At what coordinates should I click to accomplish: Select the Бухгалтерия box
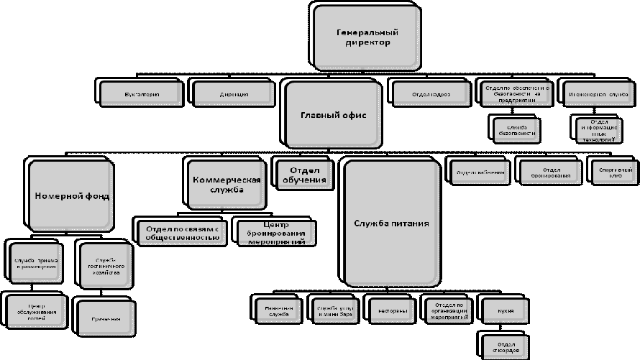(x=141, y=93)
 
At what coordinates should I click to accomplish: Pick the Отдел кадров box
(x=431, y=93)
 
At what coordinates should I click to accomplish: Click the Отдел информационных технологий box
(x=598, y=129)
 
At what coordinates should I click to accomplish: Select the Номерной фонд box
(x=70, y=195)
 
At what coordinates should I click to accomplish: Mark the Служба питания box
(x=390, y=223)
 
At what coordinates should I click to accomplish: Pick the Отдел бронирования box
(x=550, y=172)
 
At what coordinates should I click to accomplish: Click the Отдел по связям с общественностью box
(x=181, y=231)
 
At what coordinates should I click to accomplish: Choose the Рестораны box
(x=391, y=310)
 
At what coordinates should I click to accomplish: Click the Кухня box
(x=504, y=310)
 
